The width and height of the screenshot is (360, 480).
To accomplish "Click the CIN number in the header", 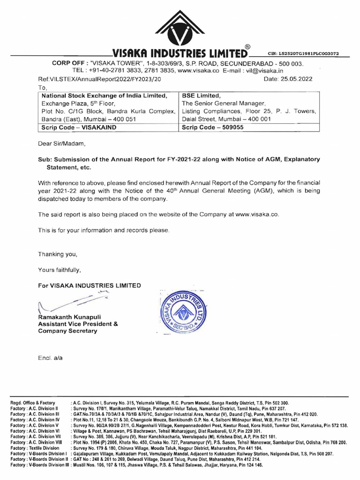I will (x=303, y=54).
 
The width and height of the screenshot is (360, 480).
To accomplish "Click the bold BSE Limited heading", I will (x=202, y=96).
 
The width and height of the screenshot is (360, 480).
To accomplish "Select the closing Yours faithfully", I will (x=60, y=270).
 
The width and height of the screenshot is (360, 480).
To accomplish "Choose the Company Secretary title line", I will (x=67, y=331).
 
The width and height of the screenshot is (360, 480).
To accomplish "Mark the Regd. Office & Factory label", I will (x=32, y=403).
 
